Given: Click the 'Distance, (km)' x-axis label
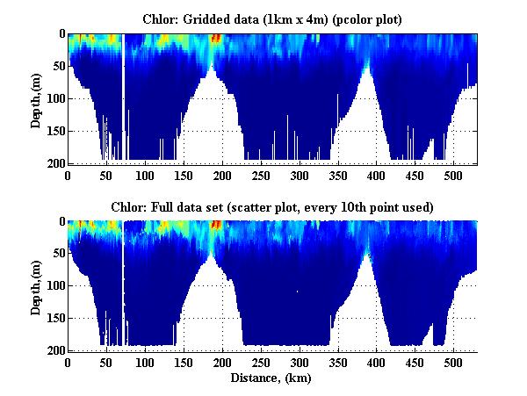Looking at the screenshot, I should tap(272, 379).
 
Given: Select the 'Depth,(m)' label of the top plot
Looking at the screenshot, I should tap(37, 98).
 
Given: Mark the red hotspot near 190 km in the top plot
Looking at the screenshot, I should tap(216, 38).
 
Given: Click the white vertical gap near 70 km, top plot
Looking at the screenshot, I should tap(123, 97).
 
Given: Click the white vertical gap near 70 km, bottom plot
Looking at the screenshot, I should tap(123, 281).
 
